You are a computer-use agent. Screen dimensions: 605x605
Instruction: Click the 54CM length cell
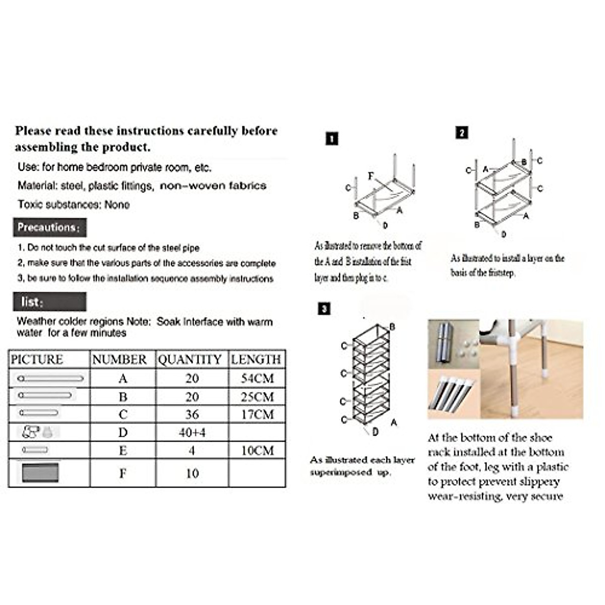257,378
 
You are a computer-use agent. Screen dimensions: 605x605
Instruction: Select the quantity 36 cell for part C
192,414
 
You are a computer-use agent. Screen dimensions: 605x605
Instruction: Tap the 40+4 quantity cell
192,433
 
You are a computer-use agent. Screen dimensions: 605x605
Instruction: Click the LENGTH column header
256,359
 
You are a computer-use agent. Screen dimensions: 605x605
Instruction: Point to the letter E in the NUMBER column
123,451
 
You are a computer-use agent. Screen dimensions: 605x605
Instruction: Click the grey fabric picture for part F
40,473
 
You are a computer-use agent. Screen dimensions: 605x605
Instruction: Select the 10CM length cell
257,451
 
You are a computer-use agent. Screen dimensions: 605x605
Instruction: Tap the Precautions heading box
49,227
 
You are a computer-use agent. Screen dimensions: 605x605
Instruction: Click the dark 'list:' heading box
49,302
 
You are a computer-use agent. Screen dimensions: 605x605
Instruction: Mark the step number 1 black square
332,139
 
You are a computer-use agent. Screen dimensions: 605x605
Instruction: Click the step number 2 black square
461,133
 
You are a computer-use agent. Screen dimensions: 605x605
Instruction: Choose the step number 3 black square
325,309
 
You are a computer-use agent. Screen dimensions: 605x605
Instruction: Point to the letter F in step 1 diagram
371,176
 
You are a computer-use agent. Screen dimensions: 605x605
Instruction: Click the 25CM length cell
257,397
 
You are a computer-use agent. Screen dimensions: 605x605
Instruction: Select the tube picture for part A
50,378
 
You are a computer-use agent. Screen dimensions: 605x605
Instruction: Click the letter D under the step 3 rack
375,432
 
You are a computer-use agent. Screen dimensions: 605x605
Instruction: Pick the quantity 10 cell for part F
192,473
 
